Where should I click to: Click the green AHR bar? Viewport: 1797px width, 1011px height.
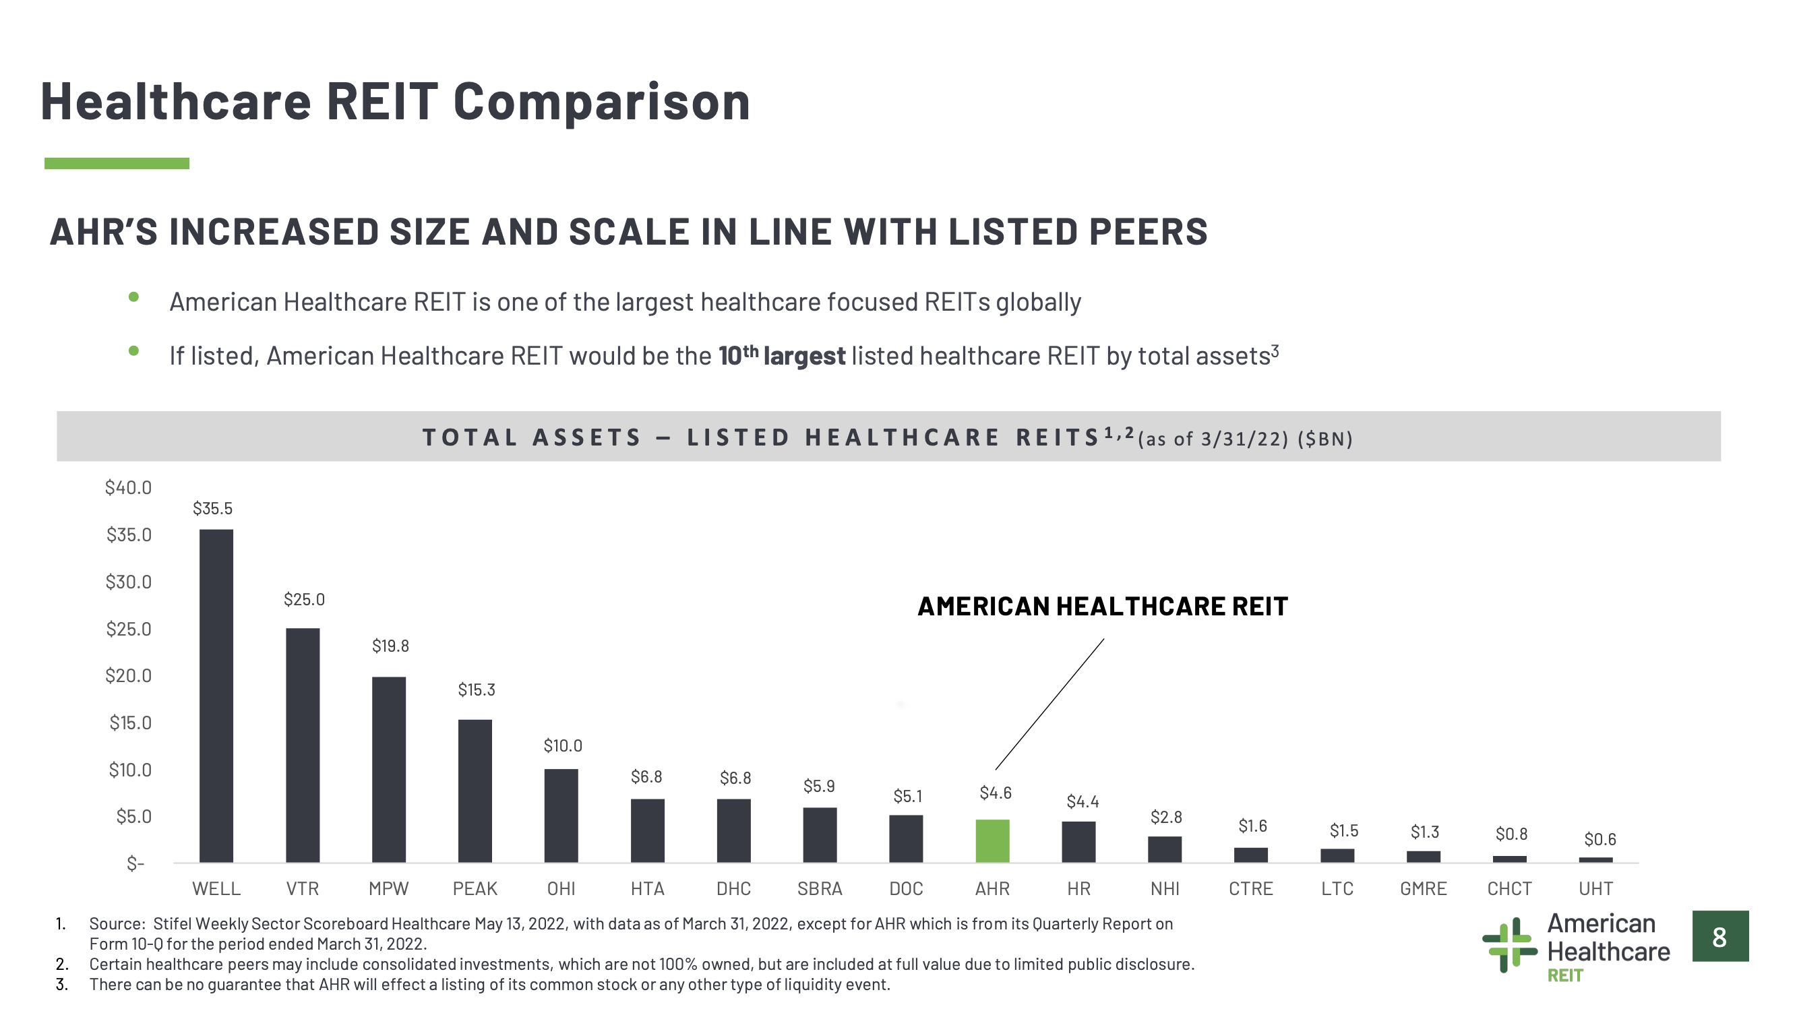[x=992, y=840]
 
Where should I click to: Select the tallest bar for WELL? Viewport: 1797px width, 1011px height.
[x=216, y=696]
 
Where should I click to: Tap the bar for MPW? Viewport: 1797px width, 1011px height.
[x=388, y=770]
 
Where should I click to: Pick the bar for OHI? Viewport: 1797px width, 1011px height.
[x=561, y=816]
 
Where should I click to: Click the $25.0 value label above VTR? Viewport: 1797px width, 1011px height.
[x=304, y=599]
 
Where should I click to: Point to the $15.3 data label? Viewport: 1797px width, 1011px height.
[x=477, y=690]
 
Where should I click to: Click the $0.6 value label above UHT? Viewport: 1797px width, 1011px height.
[x=1600, y=839]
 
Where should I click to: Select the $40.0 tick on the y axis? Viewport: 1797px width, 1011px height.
[x=128, y=488]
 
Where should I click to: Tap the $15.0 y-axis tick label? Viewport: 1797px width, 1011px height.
[x=131, y=723]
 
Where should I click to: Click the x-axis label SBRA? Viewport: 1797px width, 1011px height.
[x=820, y=889]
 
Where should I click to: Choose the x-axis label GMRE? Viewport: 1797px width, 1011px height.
[x=1423, y=889]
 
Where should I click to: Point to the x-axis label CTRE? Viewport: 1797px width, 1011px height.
[x=1251, y=889]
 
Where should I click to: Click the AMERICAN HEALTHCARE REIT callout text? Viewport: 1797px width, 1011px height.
[x=1102, y=607]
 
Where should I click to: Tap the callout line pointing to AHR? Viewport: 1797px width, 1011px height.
[x=1050, y=704]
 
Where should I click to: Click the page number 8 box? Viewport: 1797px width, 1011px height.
[x=1720, y=936]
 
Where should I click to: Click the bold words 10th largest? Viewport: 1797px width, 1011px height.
[x=781, y=355]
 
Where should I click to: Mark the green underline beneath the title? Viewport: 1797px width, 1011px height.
[x=117, y=163]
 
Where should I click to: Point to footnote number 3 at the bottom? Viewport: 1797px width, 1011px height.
[x=61, y=985]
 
